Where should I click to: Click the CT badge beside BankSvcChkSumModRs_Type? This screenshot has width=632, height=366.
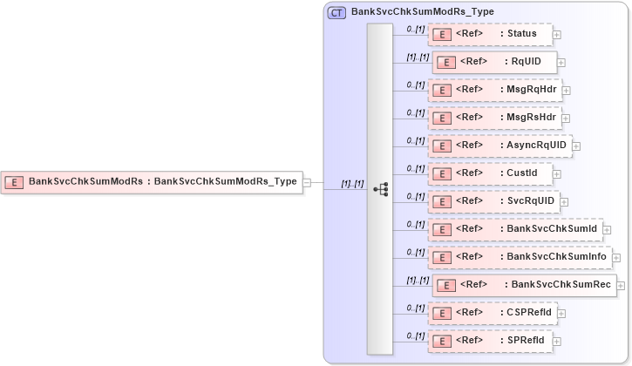point(336,12)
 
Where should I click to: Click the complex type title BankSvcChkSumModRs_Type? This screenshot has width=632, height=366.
point(422,12)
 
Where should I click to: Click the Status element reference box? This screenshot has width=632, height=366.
point(489,34)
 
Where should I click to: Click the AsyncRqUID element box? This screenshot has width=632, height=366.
point(499,146)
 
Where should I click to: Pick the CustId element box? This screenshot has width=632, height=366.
point(489,173)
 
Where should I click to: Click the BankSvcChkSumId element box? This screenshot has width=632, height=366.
point(514,229)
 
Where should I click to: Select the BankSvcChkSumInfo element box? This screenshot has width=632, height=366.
point(520,256)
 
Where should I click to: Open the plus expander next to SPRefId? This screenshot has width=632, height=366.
point(557,341)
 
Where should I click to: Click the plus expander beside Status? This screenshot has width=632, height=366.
point(557,35)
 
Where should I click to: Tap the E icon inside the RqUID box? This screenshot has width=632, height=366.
point(445,62)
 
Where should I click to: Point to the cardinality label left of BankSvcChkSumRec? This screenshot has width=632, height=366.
point(417,280)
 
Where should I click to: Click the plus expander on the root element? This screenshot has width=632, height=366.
point(307,183)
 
